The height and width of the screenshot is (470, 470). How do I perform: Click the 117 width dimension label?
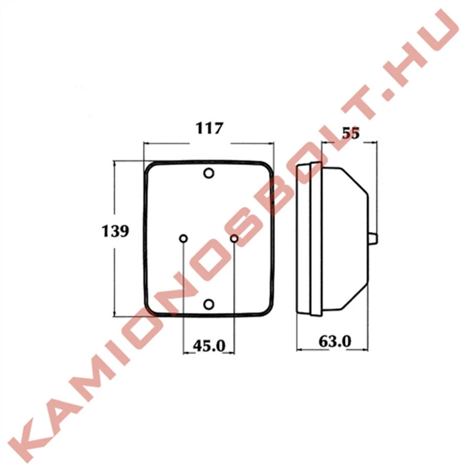[x=209, y=128]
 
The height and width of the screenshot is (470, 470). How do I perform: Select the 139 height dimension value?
[x=115, y=231]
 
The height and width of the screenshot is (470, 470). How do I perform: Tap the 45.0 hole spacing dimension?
[x=209, y=346]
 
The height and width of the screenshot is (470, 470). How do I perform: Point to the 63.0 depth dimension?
[x=335, y=341]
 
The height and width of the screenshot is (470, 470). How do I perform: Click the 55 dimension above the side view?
[x=350, y=133]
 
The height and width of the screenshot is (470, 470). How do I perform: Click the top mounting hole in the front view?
[x=208, y=173]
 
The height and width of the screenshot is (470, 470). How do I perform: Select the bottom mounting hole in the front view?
[x=208, y=304]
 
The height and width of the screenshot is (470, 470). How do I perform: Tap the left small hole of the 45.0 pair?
[x=183, y=239]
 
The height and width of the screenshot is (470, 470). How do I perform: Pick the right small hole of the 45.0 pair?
[x=234, y=239]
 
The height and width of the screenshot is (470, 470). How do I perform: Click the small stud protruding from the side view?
[x=373, y=239]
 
